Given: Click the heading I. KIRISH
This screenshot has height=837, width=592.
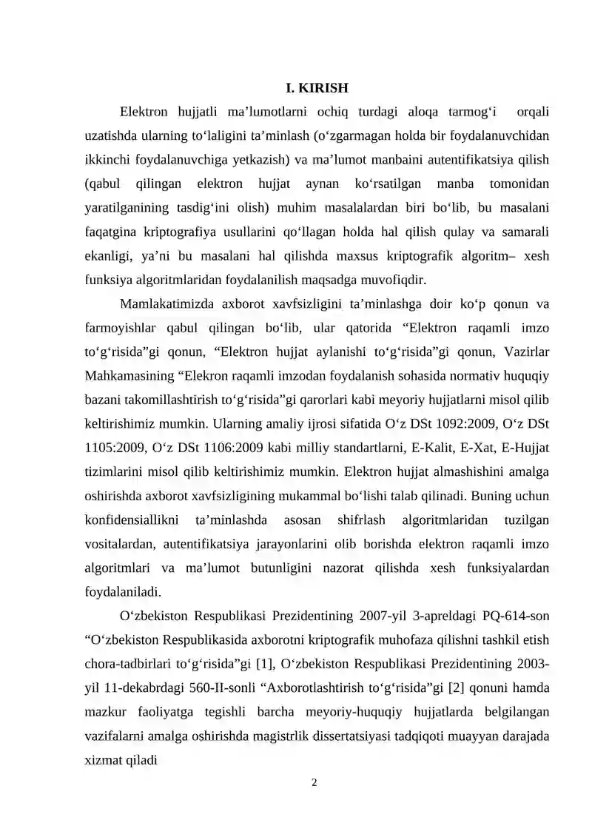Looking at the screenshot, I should click(317, 88).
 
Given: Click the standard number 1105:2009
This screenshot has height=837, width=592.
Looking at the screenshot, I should click(112, 448).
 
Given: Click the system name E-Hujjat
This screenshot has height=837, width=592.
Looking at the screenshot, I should click(525, 448).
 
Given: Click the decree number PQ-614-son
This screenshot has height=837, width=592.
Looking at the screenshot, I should click(514, 615).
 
